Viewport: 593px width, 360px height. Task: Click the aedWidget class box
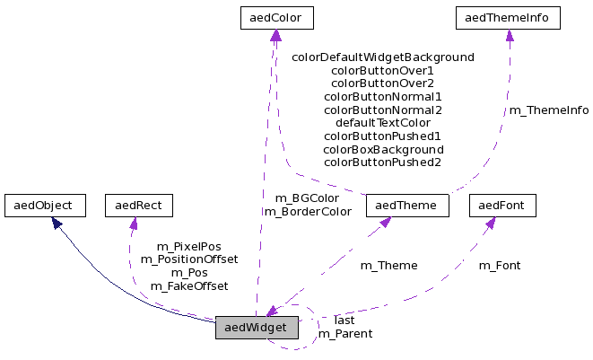point(256,329)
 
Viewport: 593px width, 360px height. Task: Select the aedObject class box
point(44,206)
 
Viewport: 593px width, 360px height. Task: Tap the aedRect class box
point(138,206)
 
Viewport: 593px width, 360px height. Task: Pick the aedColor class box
point(276,17)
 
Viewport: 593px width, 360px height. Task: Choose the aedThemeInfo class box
point(509,17)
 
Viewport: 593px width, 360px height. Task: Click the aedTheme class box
point(406,206)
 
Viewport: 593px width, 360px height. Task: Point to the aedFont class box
point(502,206)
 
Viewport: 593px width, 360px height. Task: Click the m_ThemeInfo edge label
point(549,110)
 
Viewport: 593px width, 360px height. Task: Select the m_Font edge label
point(500,266)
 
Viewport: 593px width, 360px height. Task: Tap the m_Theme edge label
point(388,266)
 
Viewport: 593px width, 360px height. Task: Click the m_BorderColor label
point(308,212)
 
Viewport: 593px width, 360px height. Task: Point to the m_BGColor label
point(307,198)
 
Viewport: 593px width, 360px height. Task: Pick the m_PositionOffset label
point(189,259)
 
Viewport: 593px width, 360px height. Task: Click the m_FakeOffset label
point(189,286)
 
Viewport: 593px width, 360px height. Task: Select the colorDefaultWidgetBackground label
point(383,57)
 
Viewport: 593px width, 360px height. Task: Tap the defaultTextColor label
point(383,123)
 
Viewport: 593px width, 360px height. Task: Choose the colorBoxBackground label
point(383,149)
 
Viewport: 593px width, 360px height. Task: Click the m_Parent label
point(345,334)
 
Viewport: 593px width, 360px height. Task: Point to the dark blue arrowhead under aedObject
point(56,222)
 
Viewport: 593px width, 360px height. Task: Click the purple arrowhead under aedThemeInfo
point(509,35)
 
